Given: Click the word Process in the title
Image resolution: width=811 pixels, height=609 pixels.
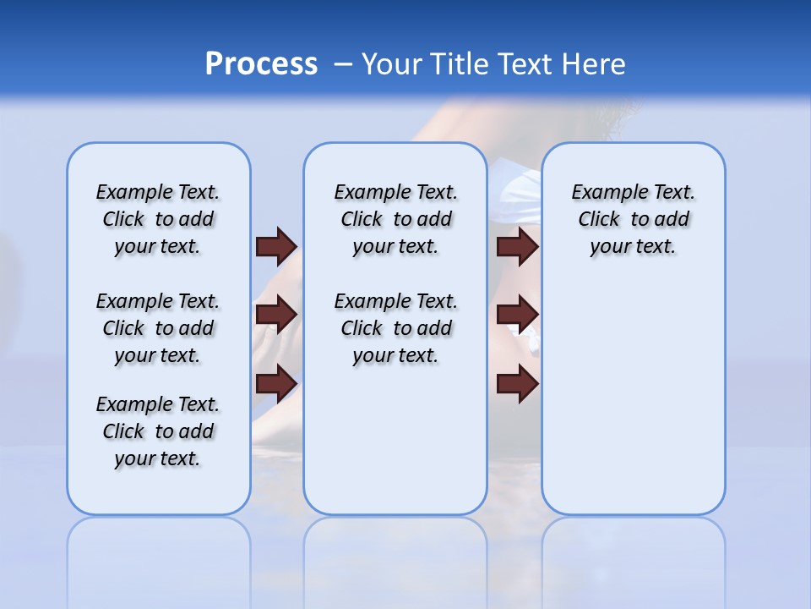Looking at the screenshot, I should pyautogui.click(x=261, y=64).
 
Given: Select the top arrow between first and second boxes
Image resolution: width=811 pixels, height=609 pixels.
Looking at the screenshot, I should pyautogui.click(x=276, y=246).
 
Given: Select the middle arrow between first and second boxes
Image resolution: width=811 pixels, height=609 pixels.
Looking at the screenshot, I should pyautogui.click(x=276, y=315).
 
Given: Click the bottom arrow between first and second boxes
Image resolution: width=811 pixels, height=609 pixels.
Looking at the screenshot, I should pyautogui.click(x=276, y=384).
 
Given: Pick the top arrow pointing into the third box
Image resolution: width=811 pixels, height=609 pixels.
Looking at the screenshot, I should pyautogui.click(x=518, y=246).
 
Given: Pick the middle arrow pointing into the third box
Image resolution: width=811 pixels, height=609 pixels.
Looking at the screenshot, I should pyautogui.click(x=518, y=315).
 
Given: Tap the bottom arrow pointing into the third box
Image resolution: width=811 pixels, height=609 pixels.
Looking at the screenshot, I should pyautogui.click(x=518, y=384).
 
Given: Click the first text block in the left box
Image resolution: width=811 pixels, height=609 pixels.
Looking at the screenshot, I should pyautogui.click(x=158, y=219).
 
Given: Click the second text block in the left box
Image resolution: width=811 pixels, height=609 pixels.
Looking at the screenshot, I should pyautogui.click(x=158, y=328).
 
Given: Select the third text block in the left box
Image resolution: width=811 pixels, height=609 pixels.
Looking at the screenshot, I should pyautogui.click(x=158, y=431).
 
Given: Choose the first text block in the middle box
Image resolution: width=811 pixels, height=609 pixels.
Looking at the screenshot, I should pyautogui.click(x=395, y=219).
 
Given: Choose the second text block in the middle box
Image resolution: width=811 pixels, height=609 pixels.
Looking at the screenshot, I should pyautogui.click(x=395, y=328).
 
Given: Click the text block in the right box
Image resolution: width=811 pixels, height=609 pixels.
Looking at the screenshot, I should pyautogui.click(x=633, y=219).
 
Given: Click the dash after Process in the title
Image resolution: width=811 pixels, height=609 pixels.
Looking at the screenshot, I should pyautogui.click(x=343, y=64).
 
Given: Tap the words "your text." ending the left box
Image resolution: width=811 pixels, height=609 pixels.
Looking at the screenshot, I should pyautogui.click(x=158, y=458).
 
